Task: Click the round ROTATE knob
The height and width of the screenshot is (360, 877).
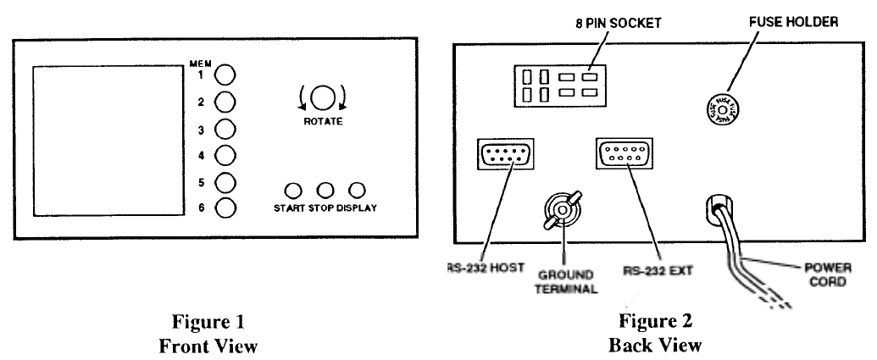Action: (x=321, y=98)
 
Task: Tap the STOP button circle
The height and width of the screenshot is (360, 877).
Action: (x=325, y=191)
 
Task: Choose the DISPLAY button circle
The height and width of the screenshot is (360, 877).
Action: (x=358, y=191)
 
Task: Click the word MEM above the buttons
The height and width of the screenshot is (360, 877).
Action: (x=201, y=61)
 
